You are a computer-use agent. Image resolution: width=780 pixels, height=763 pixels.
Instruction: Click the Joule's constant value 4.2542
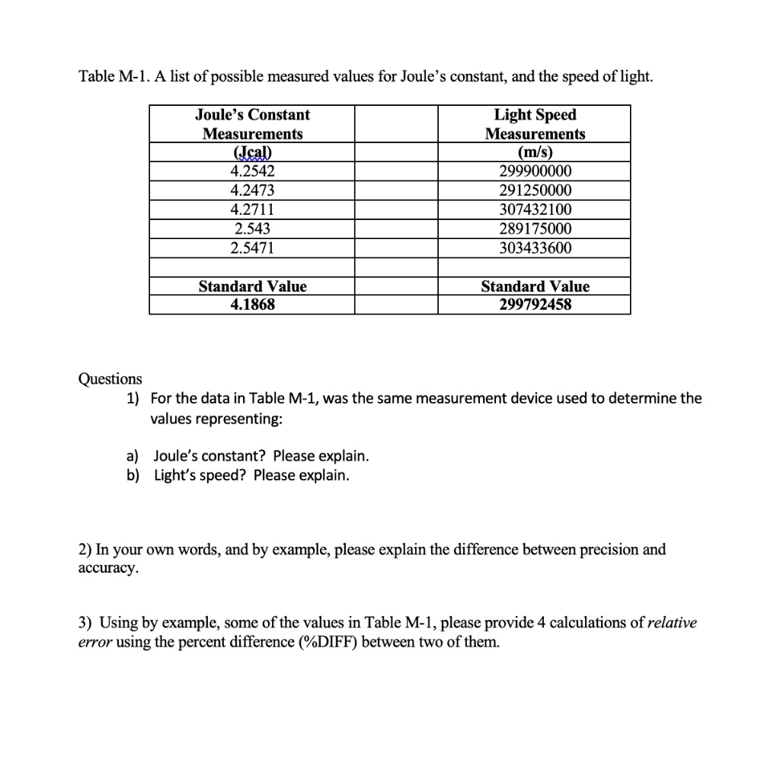[252, 171]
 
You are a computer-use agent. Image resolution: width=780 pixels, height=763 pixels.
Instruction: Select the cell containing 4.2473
[252, 190]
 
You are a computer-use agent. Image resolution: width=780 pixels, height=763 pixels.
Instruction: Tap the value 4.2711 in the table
[252, 209]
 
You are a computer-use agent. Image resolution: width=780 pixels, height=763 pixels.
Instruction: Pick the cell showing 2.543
[252, 228]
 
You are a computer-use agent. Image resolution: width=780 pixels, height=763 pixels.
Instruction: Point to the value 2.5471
[252, 247]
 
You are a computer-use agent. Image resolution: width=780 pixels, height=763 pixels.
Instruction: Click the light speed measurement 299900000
[535, 171]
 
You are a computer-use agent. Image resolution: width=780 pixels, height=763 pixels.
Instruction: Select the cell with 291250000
[535, 190]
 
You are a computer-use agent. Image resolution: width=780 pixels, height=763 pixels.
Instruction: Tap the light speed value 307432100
[535, 209]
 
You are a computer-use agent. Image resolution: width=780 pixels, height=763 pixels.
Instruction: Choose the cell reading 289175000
[535, 228]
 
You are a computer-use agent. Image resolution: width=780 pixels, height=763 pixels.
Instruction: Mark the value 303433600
[535, 247]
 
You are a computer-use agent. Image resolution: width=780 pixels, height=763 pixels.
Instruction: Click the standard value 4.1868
[252, 305]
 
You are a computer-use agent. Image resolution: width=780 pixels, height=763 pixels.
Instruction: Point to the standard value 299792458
[535, 305]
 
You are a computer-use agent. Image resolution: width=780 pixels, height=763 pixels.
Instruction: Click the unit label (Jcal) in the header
[252, 152]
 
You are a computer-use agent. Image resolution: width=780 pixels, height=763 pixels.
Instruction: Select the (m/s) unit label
[535, 152]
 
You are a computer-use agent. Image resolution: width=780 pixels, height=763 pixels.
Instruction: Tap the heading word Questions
[110, 378]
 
